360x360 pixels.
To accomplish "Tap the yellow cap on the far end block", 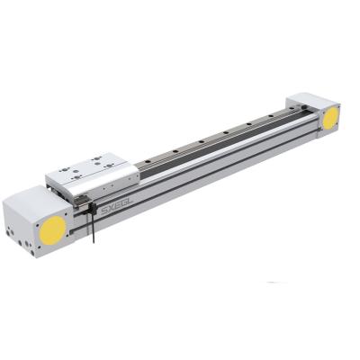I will (x=330, y=116).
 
